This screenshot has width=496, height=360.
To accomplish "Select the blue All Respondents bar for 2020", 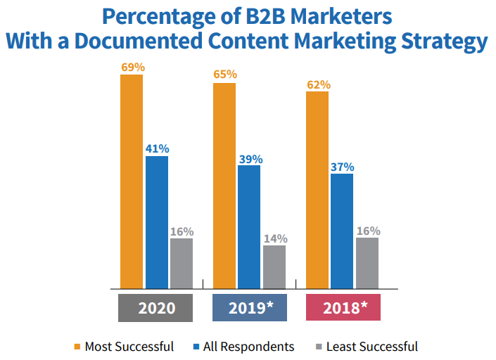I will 157,222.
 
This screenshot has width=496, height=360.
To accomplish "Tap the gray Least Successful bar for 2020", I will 182,264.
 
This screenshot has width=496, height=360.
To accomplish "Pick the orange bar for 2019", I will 224,186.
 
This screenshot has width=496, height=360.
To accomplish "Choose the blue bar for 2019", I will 249,227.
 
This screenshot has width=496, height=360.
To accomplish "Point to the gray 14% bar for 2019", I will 274,266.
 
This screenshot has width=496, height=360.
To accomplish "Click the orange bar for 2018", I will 317,190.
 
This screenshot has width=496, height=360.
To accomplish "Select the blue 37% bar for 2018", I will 342,231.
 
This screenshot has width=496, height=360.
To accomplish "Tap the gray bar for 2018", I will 367,263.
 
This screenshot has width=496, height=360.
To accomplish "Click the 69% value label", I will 132,67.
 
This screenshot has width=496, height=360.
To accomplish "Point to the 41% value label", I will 157,149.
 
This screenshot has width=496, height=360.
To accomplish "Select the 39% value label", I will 249,158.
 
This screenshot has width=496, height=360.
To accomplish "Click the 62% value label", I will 317,84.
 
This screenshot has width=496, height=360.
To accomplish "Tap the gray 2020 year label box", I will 155,308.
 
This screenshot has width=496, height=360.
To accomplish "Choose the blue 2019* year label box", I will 250,308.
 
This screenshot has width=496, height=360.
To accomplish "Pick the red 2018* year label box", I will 343,308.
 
